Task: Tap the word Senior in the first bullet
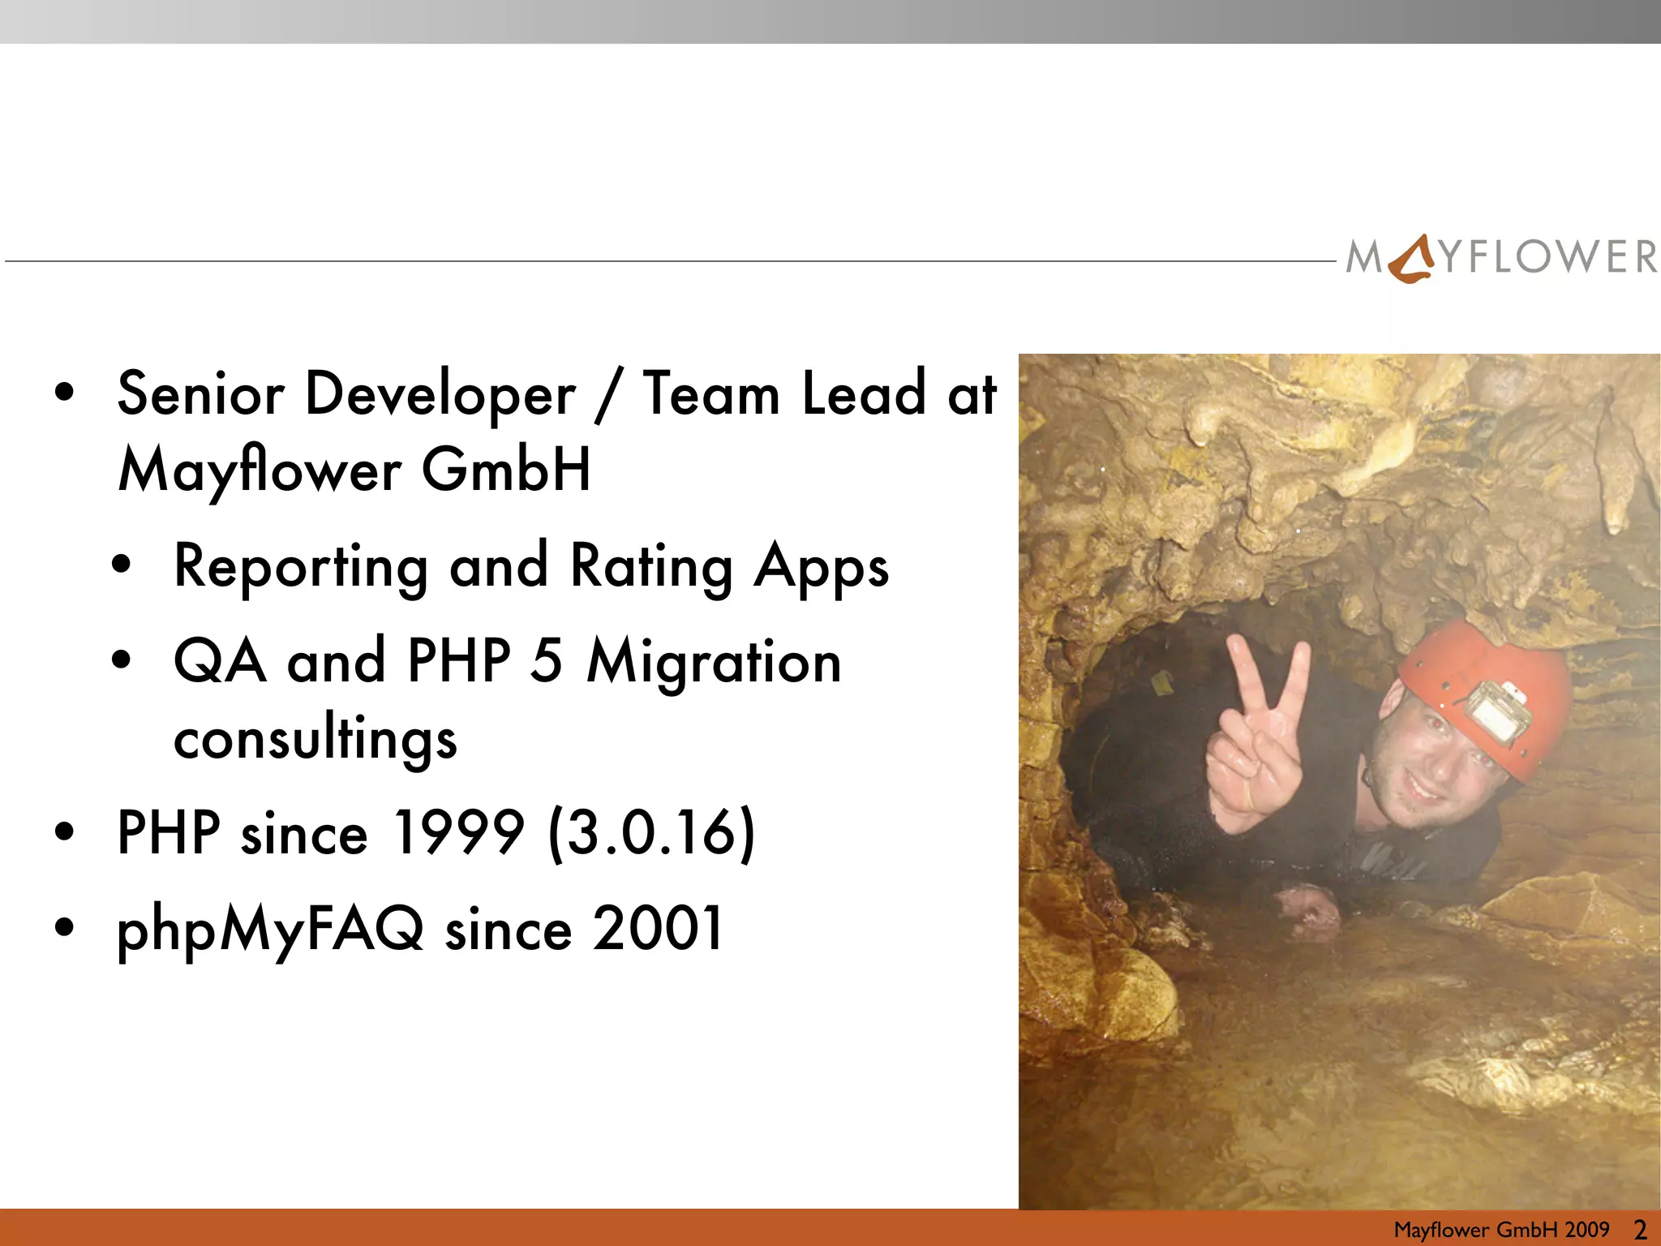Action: click(200, 394)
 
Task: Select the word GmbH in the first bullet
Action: click(506, 470)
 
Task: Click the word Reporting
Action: click(301, 567)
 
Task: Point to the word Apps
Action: click(821, 567)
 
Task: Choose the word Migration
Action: click(714, 662)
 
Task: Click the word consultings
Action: click(315, 739)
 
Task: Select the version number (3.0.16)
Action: click(652, 833)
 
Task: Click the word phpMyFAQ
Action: click(270, 930)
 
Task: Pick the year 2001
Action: click(658, 928)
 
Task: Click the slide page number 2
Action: click(1640, 1230)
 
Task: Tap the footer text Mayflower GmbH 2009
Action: click(1501, 1230)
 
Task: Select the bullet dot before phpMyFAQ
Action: click(65, 926)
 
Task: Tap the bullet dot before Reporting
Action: click(122, 565)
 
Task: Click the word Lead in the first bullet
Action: click(864, 394)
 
